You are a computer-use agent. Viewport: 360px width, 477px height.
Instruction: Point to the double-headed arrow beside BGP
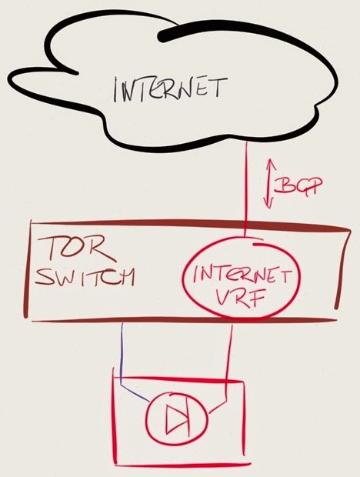(x=269, y=183)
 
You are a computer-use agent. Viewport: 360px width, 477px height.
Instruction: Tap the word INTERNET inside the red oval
(x=240, y=275)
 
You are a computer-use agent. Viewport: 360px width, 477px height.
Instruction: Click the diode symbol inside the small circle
(x=176, y=420)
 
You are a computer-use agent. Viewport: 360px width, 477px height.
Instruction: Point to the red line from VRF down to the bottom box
(x=228, y=364)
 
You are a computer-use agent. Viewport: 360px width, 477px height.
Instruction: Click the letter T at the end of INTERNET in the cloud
(x=219, y=87)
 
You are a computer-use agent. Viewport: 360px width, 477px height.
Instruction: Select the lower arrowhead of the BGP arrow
(x=268, y=202)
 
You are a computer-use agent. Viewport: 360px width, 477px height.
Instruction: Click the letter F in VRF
(x=256, y=299)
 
